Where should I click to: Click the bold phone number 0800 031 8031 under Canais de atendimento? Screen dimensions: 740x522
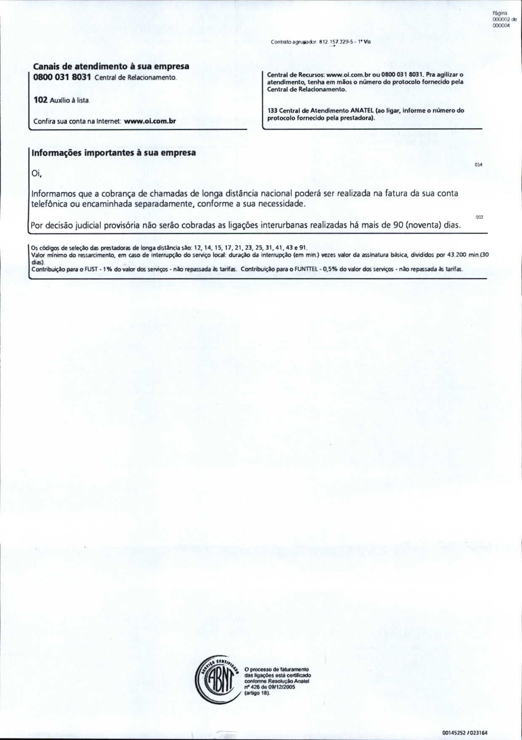click(62, 77)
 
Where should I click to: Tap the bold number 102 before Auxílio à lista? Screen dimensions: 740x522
click(40, 100)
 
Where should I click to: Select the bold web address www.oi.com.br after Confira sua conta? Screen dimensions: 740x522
click(150, 121)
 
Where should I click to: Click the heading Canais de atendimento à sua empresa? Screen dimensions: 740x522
click(111, 66)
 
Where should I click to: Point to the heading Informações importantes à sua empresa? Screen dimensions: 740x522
click(114, 153)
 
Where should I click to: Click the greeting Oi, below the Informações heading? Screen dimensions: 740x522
click(37, 173)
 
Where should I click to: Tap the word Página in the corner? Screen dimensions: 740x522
click(500, 13)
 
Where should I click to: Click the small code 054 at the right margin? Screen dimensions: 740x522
click(478, 164)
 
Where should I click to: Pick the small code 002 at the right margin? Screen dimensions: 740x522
click(479, 217)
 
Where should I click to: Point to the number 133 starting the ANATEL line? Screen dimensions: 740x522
click(272, 111)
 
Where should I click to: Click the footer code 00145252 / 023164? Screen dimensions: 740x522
click(465, 732)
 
